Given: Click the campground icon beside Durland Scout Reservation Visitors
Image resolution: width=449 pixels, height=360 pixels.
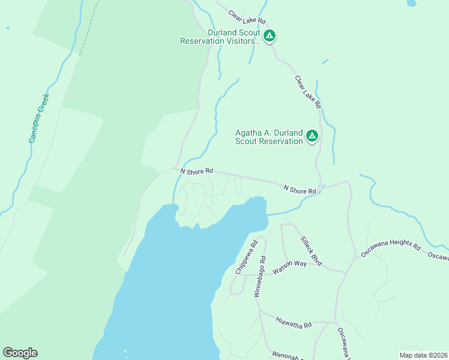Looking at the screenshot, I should [x=270, y=36].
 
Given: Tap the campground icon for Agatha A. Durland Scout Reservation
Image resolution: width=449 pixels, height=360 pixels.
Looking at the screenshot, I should [x=312, y=136].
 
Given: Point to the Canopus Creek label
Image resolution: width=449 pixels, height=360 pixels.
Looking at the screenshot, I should [x=39, y=118].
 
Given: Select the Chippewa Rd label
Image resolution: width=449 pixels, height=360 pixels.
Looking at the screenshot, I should [x=246, y=257].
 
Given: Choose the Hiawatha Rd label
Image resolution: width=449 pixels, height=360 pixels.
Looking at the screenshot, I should [x=294, y=323].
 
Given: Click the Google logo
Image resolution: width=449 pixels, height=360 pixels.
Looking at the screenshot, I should [x=20, y=353].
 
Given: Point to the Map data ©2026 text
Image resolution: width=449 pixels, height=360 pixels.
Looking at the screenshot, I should [x=424, y=355].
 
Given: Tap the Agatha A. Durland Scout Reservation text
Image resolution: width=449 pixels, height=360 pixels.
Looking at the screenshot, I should [x=268, y=137].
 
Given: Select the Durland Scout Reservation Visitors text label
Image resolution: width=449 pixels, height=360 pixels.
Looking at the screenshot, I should [x=221, y=37].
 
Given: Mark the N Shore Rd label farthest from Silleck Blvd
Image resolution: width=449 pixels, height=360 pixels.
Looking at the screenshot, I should [x=197, y=171].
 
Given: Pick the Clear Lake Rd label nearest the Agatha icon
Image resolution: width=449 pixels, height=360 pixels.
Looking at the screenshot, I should [x=309, y=92].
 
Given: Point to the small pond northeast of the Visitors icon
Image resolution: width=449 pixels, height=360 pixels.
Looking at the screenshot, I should [x=411, y=3].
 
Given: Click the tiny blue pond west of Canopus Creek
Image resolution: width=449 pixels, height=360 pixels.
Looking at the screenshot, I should [x=7, y=28].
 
